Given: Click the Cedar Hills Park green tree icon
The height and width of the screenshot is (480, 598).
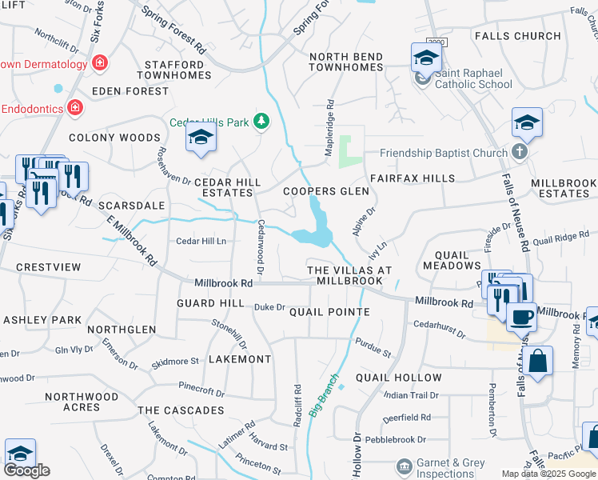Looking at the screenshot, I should pyautogui.click(x=261, y=122).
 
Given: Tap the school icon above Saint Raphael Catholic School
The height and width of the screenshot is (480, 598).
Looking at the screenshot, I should pyautogui.click(x=426, y=58).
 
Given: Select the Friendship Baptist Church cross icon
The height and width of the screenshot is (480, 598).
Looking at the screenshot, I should pyautogui.click(x=520, y=153).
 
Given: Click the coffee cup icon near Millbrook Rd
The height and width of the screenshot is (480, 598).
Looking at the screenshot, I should pyautogui.click(x=521, y=316).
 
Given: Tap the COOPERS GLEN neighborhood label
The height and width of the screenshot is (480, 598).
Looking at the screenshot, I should pyautogui.click(x=326, y=191).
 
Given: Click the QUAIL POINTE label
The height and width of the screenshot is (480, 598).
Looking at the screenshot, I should pyautogui.click(x=329, y=312).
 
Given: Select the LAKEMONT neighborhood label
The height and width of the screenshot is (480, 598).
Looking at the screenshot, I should pyautogui.click(x=240, y=359).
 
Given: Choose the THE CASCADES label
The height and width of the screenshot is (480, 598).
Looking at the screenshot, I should pyautogui.click(x=181, y=410).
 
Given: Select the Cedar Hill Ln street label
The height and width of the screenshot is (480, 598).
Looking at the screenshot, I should pyautogui.click(x=201, y=241).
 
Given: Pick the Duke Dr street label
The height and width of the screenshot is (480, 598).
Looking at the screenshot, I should pyautogui.click(x=269, y=307).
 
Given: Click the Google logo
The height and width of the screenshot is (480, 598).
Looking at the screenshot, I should pyautogui.click(x=26, y=470).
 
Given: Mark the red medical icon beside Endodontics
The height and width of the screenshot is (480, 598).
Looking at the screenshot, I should pyautogui.click(x=74, y=106).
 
